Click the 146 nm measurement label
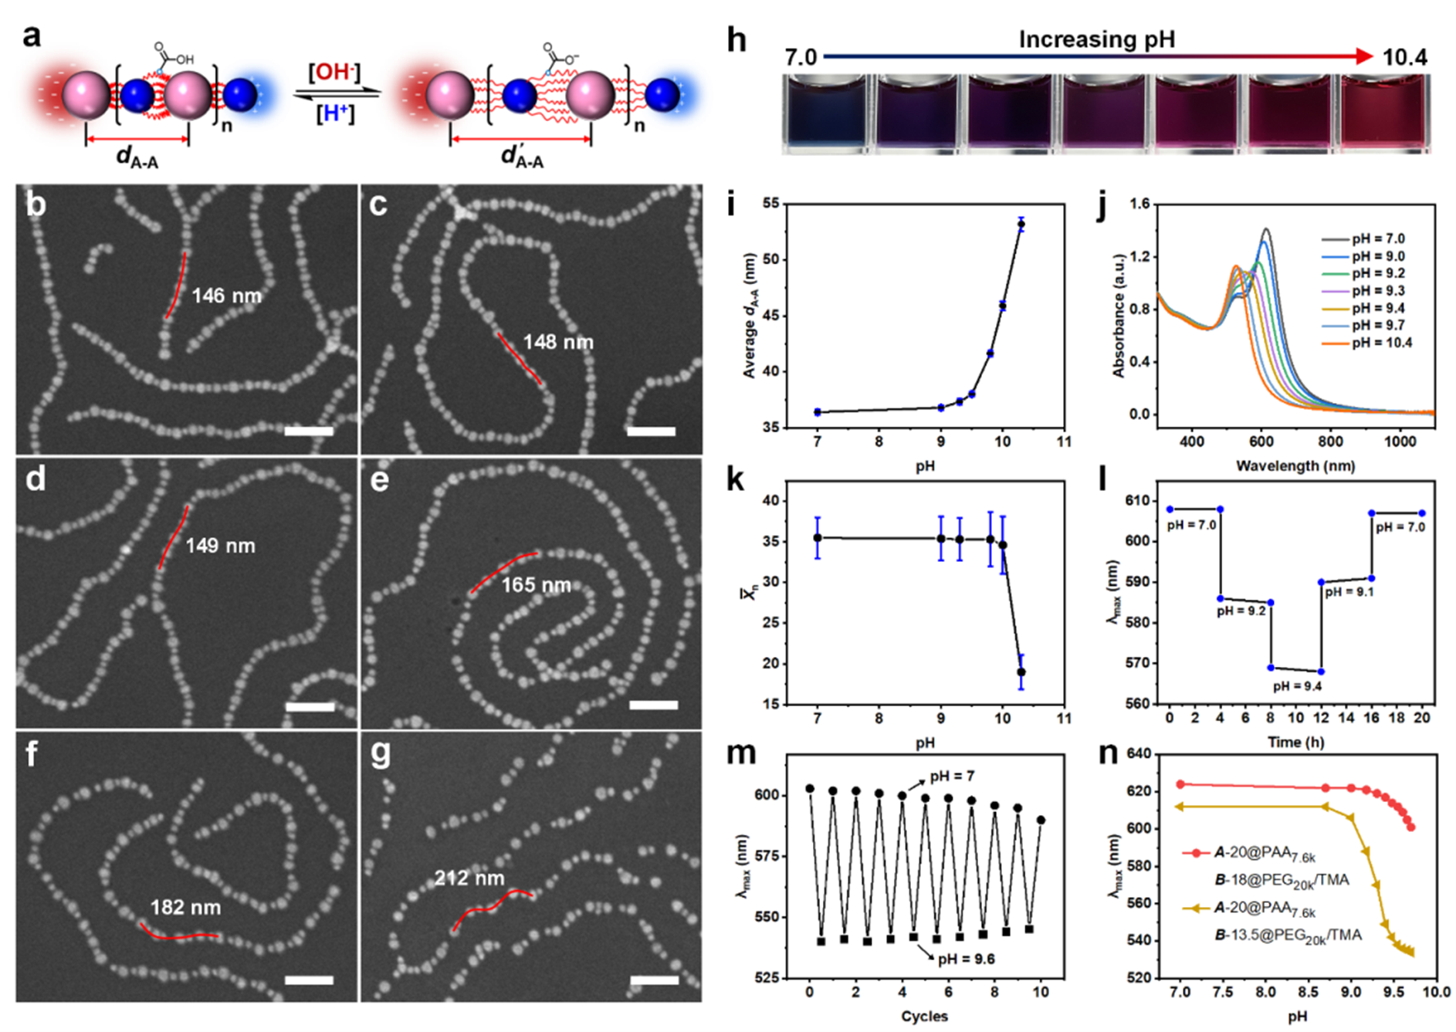pyautogui.click(x=226, y=296)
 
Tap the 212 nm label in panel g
pyautogui.click(x=469, y=878)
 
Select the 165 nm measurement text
pyautogui.click(x=536, y=585)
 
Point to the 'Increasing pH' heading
pyautogui.click(x=1096, y=39)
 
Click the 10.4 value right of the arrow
pyautogui.click(x=1404, y=57)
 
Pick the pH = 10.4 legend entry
pyautogui.click(x=1381, y=343)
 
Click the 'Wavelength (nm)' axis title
pyautogui.click(x=1295, y=465)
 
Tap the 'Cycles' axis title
pyautogui.click(x=924, y=1016)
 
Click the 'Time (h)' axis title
pyautogui.click(x=1295, y=742)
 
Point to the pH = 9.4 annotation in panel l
pyautogui.click(x=1297, y=686)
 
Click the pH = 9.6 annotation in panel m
pyautogui.click(x=966, y=959)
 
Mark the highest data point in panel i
pyautogui.click(x=1021, y=225)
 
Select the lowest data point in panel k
pyautogui.click(x=1021, y=672)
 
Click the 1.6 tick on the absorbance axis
pyautogui.click(x=1139, y=204)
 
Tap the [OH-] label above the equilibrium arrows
pyautogui.click(x=334, y=73)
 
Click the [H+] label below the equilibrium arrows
pyautogui.click(x=335, y=114)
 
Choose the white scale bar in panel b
pyautogui.click(x=309, y=431)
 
